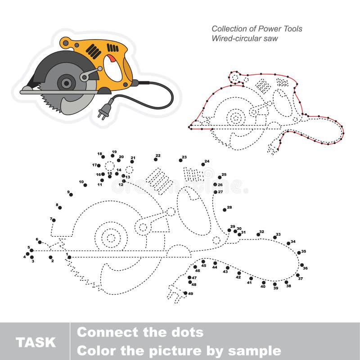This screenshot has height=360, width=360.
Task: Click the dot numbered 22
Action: [155, 159]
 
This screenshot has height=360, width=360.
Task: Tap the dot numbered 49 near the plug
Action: [185, 293]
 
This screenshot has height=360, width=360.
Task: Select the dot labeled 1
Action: [69, 257]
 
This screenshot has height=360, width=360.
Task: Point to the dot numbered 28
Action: [225, 210]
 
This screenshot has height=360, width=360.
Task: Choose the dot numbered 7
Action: [54, 220]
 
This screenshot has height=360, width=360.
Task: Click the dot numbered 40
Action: [264, 283]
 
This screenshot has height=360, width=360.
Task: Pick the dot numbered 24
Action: [203, 165]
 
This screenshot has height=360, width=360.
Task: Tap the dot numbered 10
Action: [85, 184]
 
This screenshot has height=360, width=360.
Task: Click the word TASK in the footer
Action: [36, 342]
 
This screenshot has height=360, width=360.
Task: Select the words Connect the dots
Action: [140, 333]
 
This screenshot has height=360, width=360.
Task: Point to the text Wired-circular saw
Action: [245, 38]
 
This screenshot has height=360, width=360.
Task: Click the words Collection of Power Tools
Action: [257, 29]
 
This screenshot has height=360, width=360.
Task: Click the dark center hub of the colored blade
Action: [67, 82]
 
